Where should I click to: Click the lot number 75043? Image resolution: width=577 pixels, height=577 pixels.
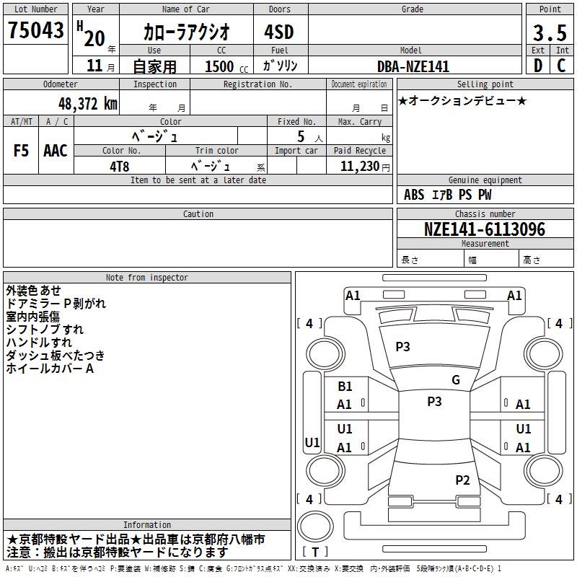coord(35,30)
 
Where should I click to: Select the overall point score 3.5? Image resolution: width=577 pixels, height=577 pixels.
coord(550,32)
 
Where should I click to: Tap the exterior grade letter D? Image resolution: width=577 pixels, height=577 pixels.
coord(538,66)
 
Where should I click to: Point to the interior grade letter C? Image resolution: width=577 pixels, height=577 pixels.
coord(561,66)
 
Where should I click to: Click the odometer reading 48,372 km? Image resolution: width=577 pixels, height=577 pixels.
coord(88,104)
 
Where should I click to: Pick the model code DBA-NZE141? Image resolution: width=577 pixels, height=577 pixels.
coord(413,66)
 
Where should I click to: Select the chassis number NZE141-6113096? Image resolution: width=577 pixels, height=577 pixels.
coord(485,229)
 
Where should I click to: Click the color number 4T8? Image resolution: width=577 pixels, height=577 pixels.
coord(120,167)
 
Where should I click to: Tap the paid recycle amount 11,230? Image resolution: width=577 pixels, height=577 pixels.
coord(360,167)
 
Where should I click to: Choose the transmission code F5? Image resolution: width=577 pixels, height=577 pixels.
coord(21,151)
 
